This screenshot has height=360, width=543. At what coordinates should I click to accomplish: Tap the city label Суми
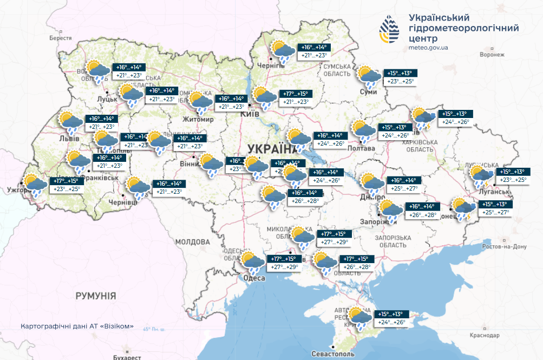[x=368, y=93]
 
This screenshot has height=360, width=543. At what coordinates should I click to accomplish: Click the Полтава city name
[x=362, y=148]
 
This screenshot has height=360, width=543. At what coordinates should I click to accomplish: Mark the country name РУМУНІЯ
[x=96, y=296]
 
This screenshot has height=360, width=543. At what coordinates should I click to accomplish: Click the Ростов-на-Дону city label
[x=505, y=246]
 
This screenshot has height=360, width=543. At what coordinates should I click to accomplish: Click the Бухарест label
[x=127, y=357]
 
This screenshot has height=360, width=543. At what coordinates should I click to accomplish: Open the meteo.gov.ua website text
[x=428, y=48]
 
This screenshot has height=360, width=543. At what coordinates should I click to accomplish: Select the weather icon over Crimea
[x=360, y=318]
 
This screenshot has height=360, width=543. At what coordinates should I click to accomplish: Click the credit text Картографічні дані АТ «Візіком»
[x=77, y=328]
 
